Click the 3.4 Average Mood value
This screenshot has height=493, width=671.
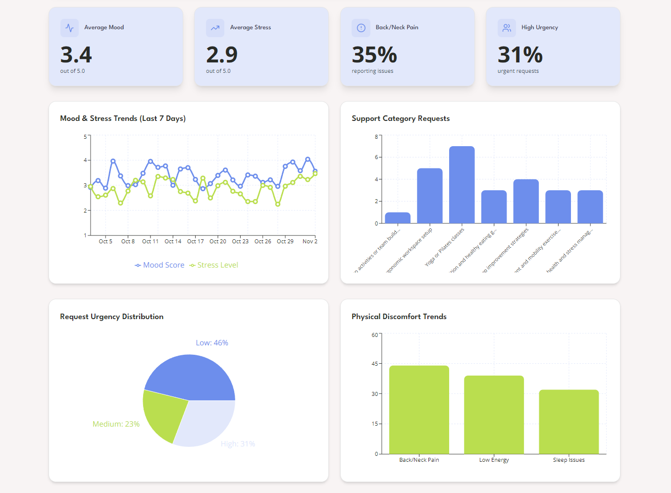76,55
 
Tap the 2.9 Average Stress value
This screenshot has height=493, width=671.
222,55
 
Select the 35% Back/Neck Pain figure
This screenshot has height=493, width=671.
374,55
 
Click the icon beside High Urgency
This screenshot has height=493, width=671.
507,28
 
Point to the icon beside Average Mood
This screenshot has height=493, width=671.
69,28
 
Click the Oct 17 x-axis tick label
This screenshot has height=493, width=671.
195,241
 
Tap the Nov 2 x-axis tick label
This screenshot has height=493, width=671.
310,241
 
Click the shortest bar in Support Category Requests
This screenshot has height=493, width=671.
398,218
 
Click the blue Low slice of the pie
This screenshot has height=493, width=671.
198,377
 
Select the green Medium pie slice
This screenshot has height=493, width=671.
161,414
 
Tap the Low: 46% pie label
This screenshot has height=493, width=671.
212,343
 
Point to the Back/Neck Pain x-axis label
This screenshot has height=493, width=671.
419,460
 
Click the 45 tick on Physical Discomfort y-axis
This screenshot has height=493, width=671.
374,364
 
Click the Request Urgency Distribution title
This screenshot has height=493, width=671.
111,317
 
